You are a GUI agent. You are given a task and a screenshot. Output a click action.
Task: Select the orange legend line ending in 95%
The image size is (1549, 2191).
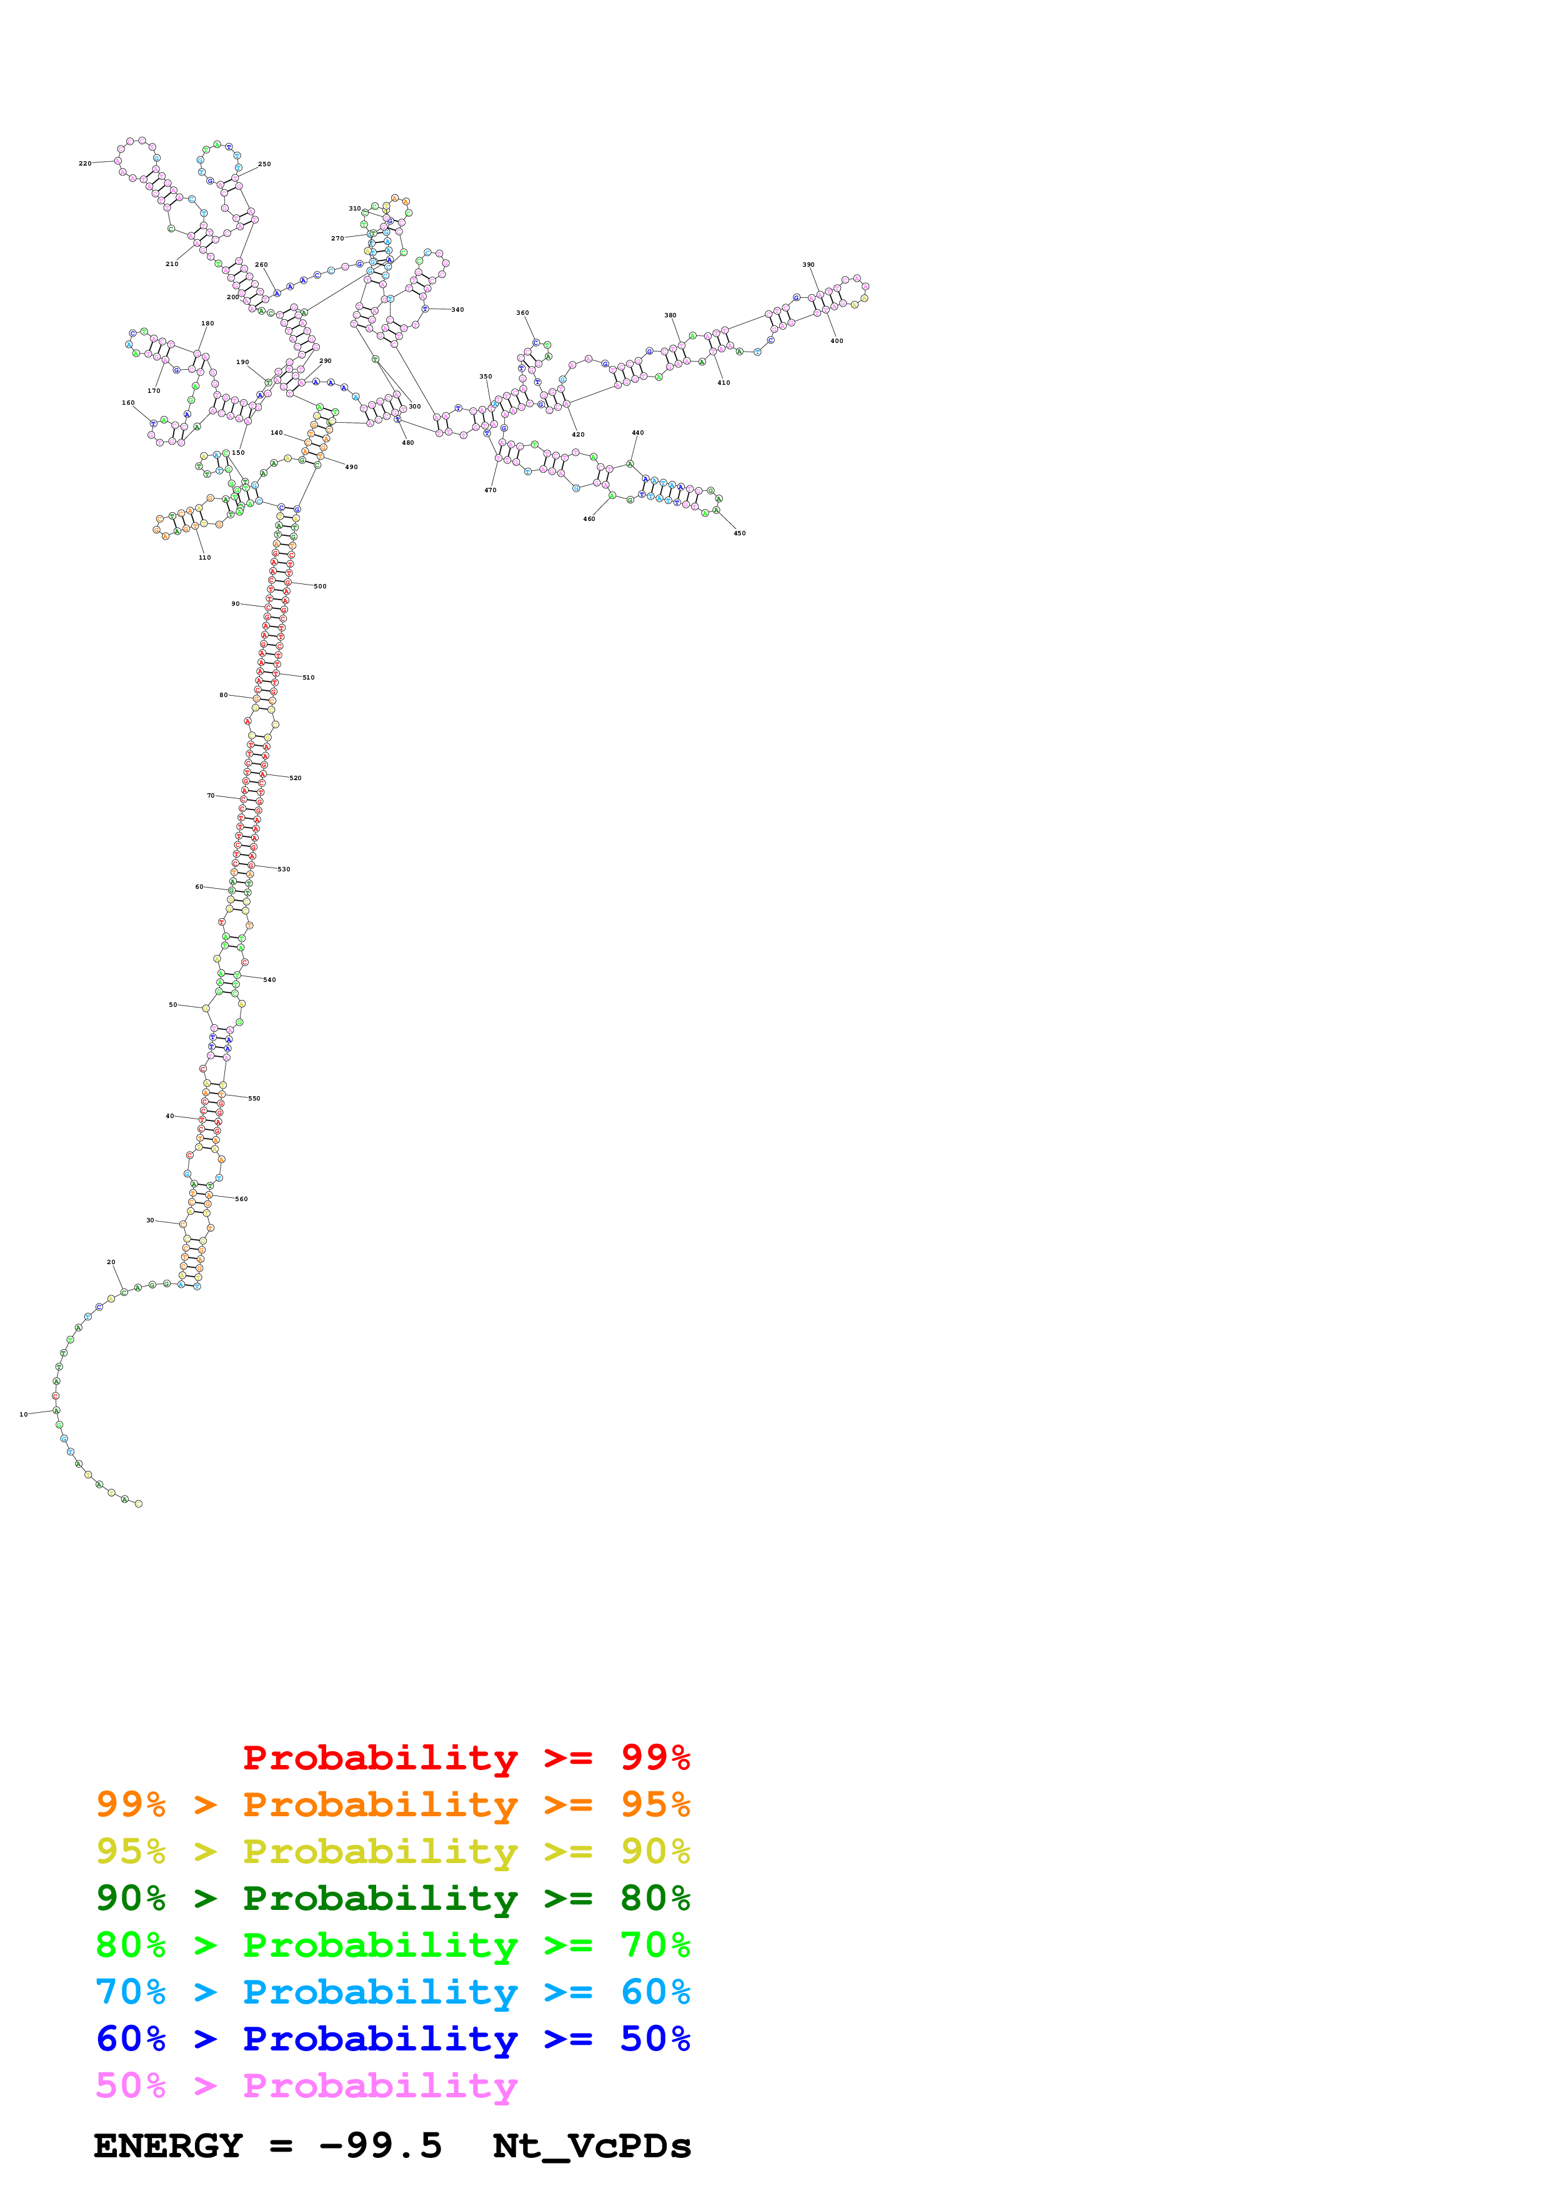[392, 1804]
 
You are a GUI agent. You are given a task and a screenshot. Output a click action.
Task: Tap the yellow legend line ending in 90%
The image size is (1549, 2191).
[392, 1851]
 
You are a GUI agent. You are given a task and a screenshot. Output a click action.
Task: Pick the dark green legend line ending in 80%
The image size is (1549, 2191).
[392, 1898]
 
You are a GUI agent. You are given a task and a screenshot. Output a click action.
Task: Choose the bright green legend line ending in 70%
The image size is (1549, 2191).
[392, 1945]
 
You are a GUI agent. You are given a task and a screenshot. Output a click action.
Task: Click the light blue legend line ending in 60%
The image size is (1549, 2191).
[392, 1992]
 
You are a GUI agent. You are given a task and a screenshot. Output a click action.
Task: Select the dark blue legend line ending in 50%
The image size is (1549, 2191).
[392, 2039]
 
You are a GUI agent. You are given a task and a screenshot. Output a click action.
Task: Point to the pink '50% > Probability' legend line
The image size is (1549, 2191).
[306, 2085]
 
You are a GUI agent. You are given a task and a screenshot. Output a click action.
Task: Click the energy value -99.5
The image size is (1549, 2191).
[380, 2145]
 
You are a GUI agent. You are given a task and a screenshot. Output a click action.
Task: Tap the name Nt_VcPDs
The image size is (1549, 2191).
[592, 2145]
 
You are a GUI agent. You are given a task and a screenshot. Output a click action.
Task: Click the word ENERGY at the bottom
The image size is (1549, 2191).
[168, 2145]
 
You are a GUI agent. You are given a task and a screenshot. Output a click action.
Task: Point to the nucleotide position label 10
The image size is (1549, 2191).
[24, 1414]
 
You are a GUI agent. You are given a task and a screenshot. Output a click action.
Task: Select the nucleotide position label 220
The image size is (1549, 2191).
[85, 163]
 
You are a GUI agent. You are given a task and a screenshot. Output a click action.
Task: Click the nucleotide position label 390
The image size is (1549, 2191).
[809, 264]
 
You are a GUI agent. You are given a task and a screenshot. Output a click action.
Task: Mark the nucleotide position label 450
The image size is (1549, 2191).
[740, 533]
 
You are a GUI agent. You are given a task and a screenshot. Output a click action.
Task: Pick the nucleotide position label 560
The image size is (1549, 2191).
[241, 1199]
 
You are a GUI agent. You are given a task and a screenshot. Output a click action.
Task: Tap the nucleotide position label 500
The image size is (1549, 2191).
[320, 586]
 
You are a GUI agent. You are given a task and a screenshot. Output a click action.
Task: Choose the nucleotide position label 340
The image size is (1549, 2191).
[457, 309]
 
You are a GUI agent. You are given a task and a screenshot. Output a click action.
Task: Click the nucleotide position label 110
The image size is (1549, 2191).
[204, 557]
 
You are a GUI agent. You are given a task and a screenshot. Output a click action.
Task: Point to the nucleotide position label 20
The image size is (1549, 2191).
[111, 1262]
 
